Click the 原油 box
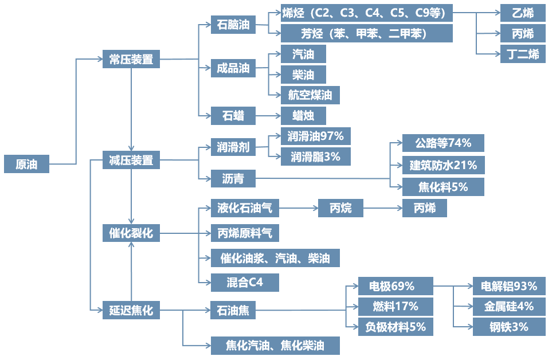pyautogui.click(x=26, y=164)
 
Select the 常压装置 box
pyautogui.click(x=131, y=58)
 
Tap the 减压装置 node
pyautogui.click(x=131, y=161)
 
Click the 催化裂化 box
pyautogui.click(x=131, y=233)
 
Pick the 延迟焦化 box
pyautogui.click(x=131, y=310)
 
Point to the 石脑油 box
pyautogui.click(x=233, y=25)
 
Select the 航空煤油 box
pyautogui.click(x=310, y=95)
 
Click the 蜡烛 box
pyautogui.click(x=303, y=116)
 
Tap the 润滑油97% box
pyautogui.click(x=315, y=136)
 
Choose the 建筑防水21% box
pyautogui.click(x=443, y=166)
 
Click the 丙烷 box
pyautogui.click(x=340, y=208)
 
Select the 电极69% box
pyautogui.click(x=395, y=285)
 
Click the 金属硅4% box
pyautogui.click(x=508, y=307)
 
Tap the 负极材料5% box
pyautogui.click(x=395, y=327)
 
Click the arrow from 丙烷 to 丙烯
pyautogui.click(x=382, y=208)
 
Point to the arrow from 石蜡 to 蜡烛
pyautogui.click(x=268, y=116)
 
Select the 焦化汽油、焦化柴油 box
pyautogui.click(x=275, y=346)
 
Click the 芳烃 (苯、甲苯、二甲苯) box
pyautogui.click(x=366, y=33)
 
